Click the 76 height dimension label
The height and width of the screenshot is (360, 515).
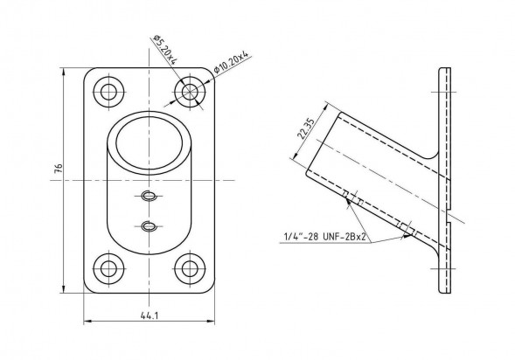click(x=58, y=168)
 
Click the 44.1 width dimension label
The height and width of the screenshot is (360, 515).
click(x=150, y=315)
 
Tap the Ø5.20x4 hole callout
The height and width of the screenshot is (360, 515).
click(x=165, y=49)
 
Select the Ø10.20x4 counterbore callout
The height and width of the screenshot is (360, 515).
click(x=231, y=62)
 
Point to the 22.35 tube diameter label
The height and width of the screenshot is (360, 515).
click(x=306, y=128)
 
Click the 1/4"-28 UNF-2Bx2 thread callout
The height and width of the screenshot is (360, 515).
click(x=325, y=236)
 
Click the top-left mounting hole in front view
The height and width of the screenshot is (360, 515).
click(x=108, y=92)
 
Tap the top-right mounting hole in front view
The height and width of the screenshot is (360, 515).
click(x=190, y=92)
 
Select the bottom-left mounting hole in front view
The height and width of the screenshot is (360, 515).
click(x=108, y=269)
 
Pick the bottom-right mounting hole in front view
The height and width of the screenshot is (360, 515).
click(x=190, y=269)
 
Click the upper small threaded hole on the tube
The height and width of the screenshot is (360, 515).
click(x=149, y=196)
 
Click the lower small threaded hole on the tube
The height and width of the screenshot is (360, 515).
click(x=149, y=226)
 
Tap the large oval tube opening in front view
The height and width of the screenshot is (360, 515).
click(x=150, y=143)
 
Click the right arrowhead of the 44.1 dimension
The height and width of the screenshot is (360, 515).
click(x=211, y=321)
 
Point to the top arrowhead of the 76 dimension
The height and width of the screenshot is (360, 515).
click(x=63, y=72)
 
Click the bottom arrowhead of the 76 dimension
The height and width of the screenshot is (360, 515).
click(x=63, y=289)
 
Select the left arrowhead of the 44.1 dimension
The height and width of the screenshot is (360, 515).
click(x=88, y=321)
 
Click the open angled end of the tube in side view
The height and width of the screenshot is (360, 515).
click(x=322, y=143)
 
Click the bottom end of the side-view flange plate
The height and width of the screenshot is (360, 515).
click(x=445, y=291)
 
